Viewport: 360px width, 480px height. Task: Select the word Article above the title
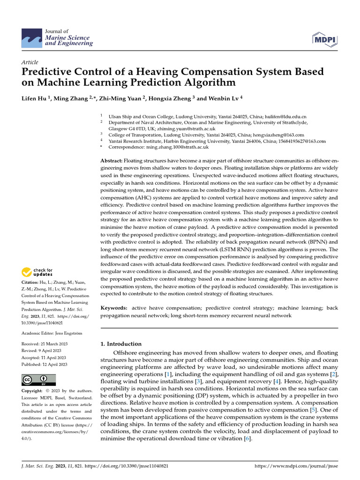(x=30, y=62)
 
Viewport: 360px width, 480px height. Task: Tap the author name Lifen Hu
(x=35, y=99)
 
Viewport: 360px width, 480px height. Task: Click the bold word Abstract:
(x=111, y=161)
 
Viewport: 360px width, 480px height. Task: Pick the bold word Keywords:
(x=114, y=308)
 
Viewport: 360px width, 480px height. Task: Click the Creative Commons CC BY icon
(x=38, y=379)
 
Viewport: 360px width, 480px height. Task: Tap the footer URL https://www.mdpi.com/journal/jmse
(x=296, y=466)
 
